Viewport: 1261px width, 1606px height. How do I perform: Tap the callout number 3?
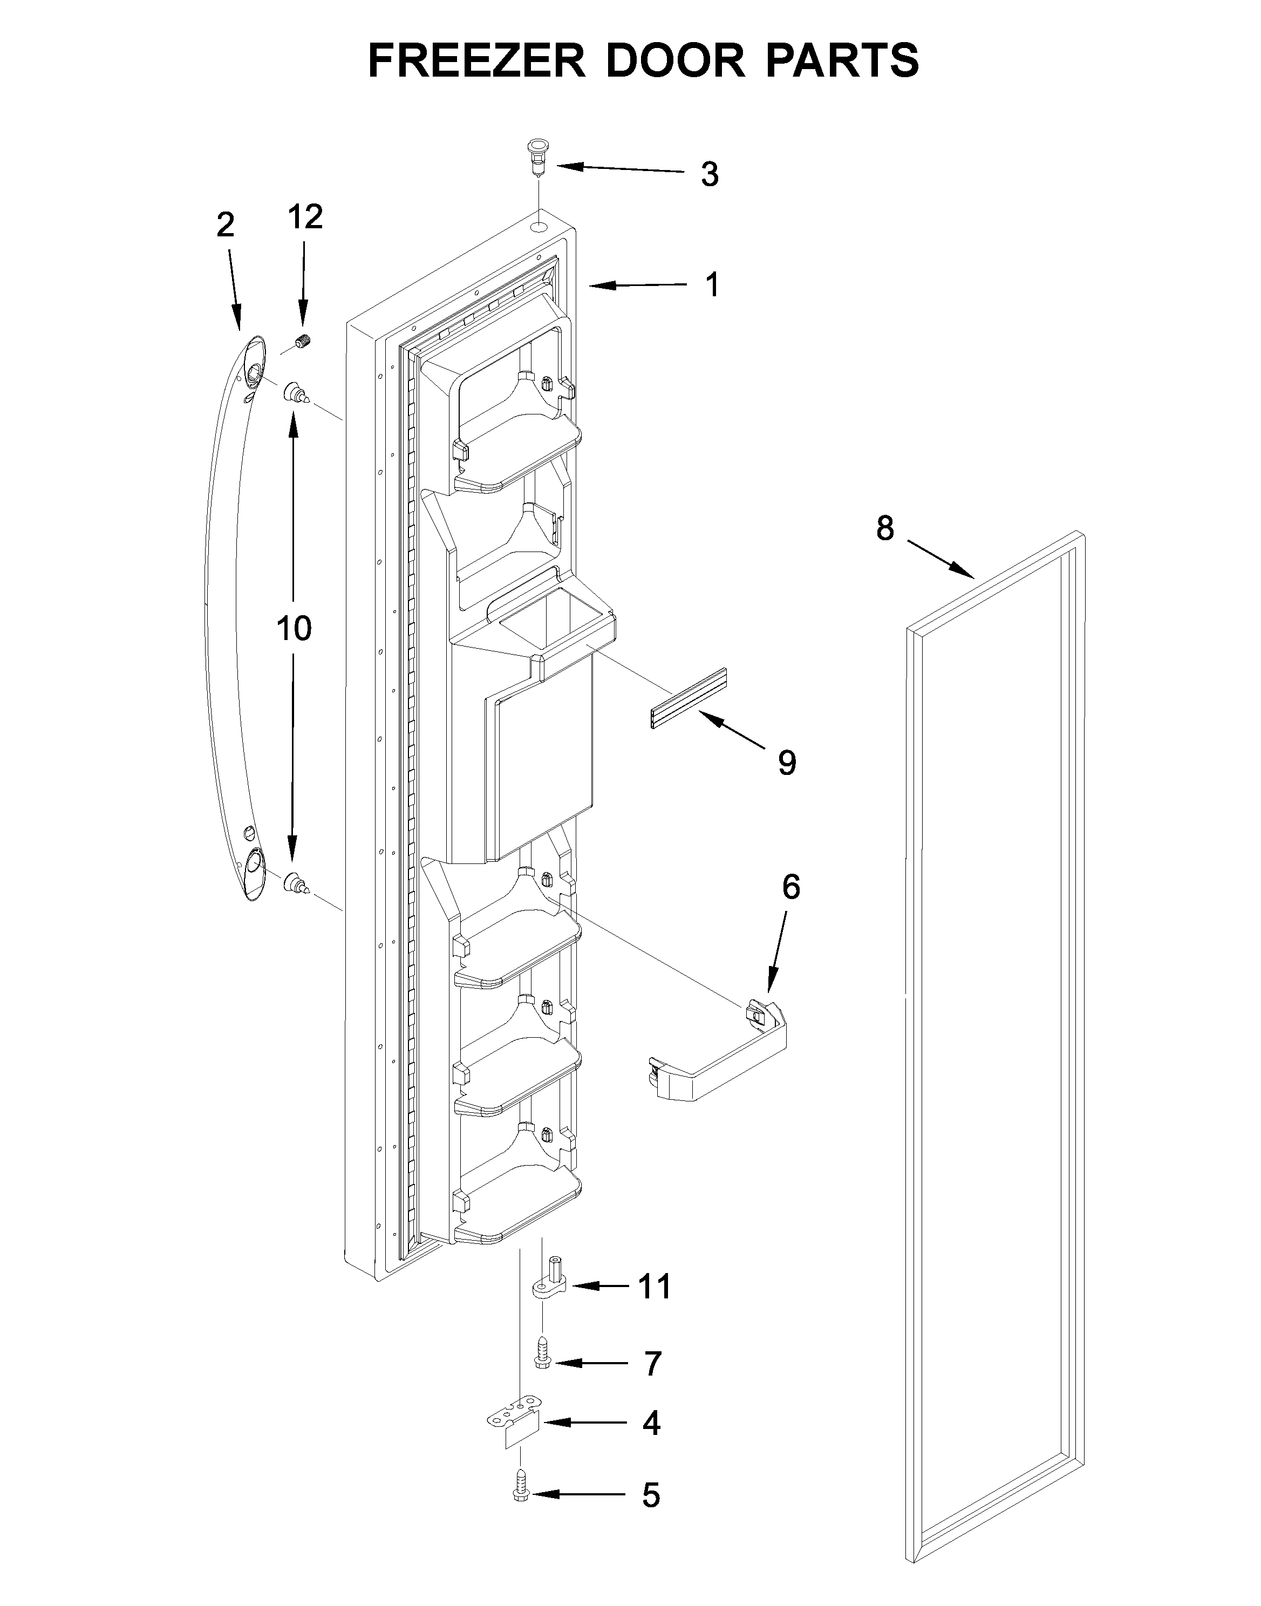tap(710, 175)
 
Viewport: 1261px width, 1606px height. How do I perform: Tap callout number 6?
tap(790, 888)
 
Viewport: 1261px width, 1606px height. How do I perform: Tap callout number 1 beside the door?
tap(712, 285)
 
